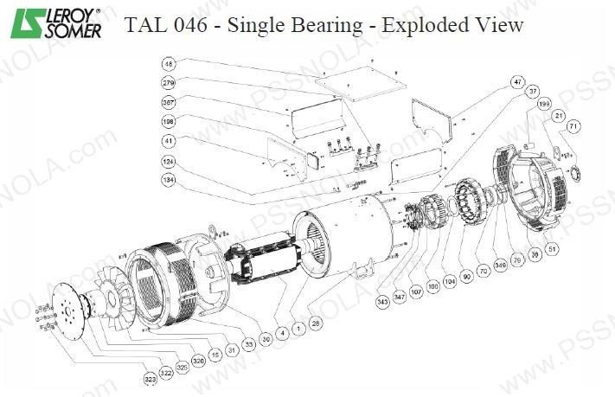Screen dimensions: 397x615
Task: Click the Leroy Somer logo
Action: coord(53,23)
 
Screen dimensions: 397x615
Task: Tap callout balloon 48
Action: coord(170,63)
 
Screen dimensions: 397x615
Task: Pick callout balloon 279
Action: coord(170,82)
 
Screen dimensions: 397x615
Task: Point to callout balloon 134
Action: coord(170,179)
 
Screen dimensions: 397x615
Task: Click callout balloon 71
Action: coord(573,127)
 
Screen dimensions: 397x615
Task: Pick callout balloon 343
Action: coord(384,301)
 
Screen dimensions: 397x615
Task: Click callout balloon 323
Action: coord(152,378)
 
